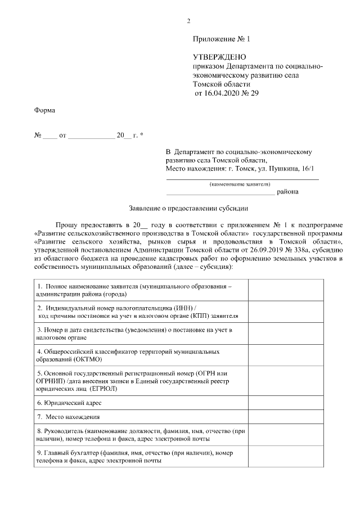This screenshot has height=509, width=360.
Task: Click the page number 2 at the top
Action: [x=189, y=21]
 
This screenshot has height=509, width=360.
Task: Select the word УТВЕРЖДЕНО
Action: [x=219, y=57]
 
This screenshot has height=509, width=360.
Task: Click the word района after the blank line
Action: [x=287, y=192]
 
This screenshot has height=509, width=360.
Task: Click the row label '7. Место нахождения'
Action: [x=68, y=417]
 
